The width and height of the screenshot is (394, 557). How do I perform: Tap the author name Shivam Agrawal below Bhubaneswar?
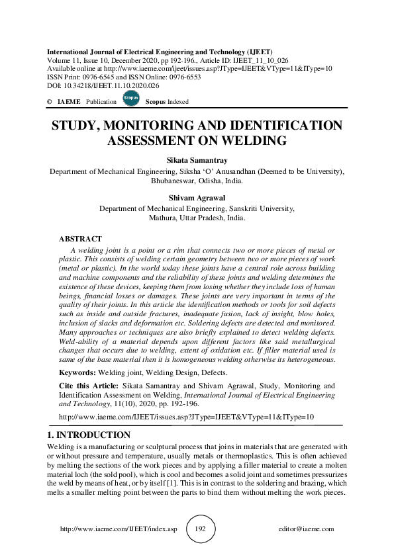click(197, 196)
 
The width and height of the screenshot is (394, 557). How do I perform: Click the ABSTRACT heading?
click(80, 239)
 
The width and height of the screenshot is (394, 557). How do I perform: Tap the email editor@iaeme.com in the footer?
click(307, 529)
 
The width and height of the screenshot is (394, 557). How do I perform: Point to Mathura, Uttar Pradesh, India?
click(197, 217)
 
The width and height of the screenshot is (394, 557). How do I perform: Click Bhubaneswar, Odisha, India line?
click(197, 181)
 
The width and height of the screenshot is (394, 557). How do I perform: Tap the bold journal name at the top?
click(159, 52)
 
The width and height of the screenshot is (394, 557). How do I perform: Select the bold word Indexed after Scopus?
click(177, 102)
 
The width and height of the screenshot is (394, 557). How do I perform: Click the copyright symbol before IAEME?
click(50, 102)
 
